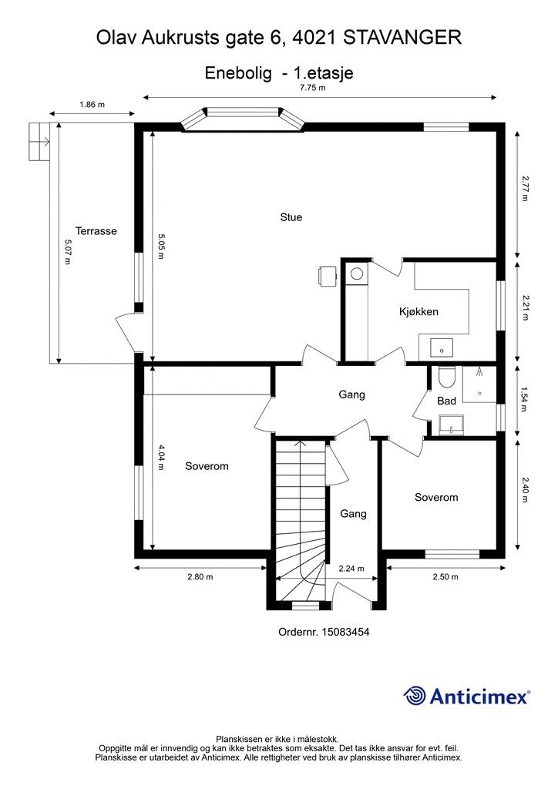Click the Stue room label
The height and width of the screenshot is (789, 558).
(291, 217)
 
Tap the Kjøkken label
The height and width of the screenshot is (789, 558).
(418, 311)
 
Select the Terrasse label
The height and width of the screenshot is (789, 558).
(96, 231)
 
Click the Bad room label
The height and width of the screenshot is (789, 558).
(447, 401)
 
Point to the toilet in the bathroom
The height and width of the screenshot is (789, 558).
(446, 378)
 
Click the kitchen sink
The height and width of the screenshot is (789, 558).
(442, 347)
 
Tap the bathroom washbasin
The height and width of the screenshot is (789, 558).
(451, 425)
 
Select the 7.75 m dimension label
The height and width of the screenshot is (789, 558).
(312, 88)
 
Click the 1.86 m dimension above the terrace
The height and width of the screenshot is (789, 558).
(92, 105)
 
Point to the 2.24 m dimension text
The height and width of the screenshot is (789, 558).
(351, 569)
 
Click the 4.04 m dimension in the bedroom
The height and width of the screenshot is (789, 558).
(160, 458)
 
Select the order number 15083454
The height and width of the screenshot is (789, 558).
(324, 632)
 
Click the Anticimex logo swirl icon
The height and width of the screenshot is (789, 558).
(415, 696)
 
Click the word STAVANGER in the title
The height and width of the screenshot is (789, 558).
(402, 37)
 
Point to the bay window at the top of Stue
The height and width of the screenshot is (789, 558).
(242, 119)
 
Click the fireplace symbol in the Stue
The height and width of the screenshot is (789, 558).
(327, 276)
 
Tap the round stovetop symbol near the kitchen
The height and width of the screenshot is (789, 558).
(357, 274)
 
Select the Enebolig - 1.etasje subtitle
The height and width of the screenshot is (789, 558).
(279, 72)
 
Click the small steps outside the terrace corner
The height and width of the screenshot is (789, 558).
(39, 142)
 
